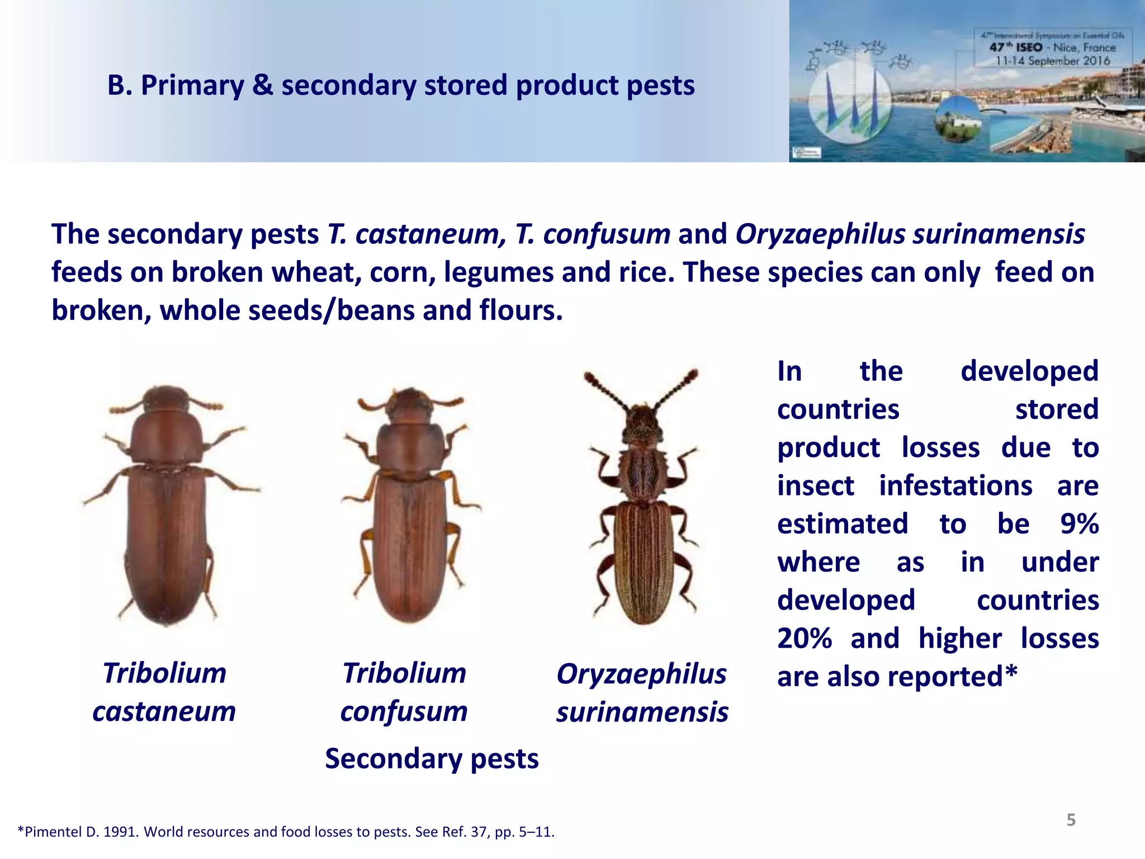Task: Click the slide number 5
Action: point(1071,820)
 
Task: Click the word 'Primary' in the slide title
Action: point(192,86)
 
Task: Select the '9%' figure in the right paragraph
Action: point(1079,524)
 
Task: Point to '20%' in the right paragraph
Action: point(805,639)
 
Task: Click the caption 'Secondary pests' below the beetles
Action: point(432,759)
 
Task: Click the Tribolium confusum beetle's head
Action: point(411,400)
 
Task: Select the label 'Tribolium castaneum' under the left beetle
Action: point(164,692)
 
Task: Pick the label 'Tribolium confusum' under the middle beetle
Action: point(404,692)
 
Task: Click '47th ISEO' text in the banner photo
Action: point(1016,48)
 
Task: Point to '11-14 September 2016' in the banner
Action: point(1052,61)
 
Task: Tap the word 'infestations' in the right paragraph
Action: point(955,485)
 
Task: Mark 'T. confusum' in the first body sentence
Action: point(593,234)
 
